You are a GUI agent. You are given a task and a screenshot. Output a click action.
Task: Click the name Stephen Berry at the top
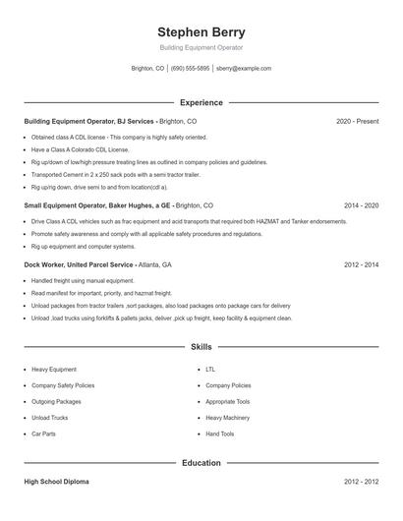[201, 31]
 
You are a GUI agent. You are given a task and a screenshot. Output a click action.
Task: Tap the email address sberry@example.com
[243, 69]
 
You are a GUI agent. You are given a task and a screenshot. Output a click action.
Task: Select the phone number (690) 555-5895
[190, 69]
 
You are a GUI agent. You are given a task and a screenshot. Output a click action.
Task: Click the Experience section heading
[201, 102]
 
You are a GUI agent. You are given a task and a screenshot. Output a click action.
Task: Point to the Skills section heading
[201, 347]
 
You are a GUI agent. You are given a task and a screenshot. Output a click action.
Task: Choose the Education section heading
[201, 462]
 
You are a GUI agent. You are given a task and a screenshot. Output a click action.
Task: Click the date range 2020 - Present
[357, 121]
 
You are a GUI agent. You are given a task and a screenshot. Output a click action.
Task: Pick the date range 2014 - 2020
[361, 206]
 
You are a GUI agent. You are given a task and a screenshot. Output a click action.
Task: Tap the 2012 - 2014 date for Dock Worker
[361, 265]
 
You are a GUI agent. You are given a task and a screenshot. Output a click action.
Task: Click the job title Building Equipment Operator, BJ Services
[88, 121]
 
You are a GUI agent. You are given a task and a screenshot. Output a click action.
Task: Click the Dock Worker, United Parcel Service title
[79, 265]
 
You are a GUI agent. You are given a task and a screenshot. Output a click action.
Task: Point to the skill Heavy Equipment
[54, 370]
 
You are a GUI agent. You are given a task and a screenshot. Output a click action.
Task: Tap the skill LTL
[210, 370]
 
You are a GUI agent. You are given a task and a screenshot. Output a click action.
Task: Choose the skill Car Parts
[44, 434]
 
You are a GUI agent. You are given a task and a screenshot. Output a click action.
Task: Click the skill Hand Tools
[219, 434]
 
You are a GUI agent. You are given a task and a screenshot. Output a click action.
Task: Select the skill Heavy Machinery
[227, 418]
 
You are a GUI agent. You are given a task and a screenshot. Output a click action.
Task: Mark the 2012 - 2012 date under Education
[361, 482]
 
